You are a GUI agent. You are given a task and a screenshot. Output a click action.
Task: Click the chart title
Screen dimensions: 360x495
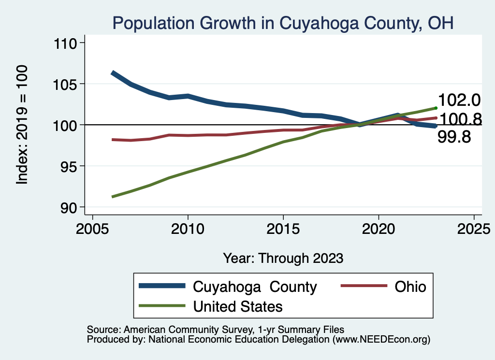pyautogui.click(x=283, y=23)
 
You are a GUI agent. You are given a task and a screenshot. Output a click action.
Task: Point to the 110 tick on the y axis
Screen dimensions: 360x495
pyautogui.click(x=67, y=43)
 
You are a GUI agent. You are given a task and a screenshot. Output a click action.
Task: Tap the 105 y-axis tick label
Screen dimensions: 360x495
pyautogui.click(x=67, y=84)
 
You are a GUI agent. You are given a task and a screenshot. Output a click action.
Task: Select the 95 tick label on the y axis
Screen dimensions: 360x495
pyautogui.click(x=70, y=166)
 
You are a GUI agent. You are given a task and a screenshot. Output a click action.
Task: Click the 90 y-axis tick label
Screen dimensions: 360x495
pyautogui.click(x=70, y=207)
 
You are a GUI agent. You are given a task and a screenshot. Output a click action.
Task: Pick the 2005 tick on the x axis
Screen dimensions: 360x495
pyautogui.click(x=92, y=228)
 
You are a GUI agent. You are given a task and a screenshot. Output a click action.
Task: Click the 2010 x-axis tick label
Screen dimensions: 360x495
pyautogui.click(x=188, y=228)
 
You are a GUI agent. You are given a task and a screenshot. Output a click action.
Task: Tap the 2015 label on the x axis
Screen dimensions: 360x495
pyautogui.click(x=283, y=228)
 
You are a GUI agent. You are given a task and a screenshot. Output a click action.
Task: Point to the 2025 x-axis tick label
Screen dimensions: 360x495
pyautogui.click(x=474, y=228)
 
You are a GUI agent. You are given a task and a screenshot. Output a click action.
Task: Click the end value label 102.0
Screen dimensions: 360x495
pyautogui.click(x=459, y=100)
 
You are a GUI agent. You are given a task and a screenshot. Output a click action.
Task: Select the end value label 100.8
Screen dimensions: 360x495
pyautogui.click(x=459, y=119)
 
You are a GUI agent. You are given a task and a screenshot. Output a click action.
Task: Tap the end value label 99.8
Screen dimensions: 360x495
pyautogui.click(x=454, y=137)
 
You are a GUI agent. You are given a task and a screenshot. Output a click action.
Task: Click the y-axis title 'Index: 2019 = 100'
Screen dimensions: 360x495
pyautogui.click(x=22, y=125)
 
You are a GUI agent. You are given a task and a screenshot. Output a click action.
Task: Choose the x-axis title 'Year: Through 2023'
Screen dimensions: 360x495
pyautogui.click(x=283, y=258)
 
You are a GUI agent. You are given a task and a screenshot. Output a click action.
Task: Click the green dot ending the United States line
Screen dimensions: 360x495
pyautogui.click(x=436, y=108)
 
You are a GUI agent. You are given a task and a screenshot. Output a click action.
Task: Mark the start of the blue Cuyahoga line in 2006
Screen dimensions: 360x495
pyautogui.click(x=113, y=73)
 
